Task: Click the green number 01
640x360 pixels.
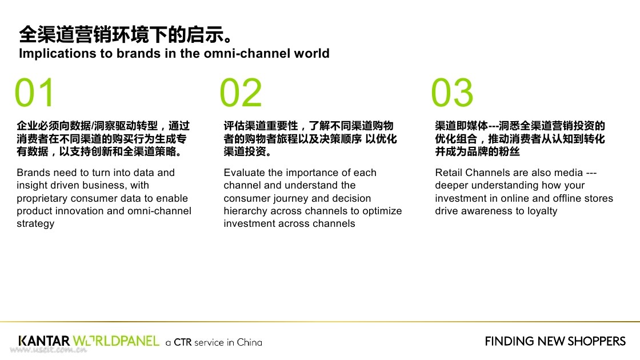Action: pyautogui.click(x=35, y=93)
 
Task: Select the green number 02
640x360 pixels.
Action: pyautogui.click(x=241, y=93)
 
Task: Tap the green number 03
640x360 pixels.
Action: pyautogui.click(x=452, y=93)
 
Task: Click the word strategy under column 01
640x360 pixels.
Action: pyautogui.click(x=35, y=224)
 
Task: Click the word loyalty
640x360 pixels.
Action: pyautogui.click(x=542, y=211)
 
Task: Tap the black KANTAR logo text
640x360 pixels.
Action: pyautogui.click(x=44, y=341)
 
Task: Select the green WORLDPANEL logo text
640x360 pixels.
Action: pyautogui.click(x=116, y=341)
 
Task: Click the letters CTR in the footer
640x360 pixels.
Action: pyautogui.click(x=182, y=342)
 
